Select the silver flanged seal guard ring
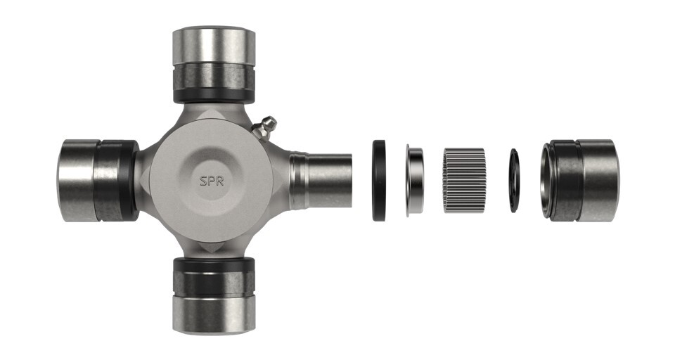click(415, 179)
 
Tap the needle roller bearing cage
click(464, 181)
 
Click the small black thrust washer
click(514, 181)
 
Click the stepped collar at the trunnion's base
click(299, 181)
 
